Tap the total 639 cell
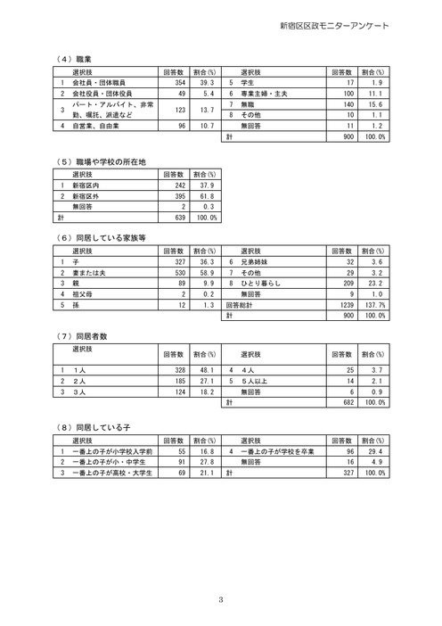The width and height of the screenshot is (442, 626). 179,218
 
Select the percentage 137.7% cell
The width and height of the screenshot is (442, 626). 377,304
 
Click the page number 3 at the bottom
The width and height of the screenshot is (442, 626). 221,597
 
